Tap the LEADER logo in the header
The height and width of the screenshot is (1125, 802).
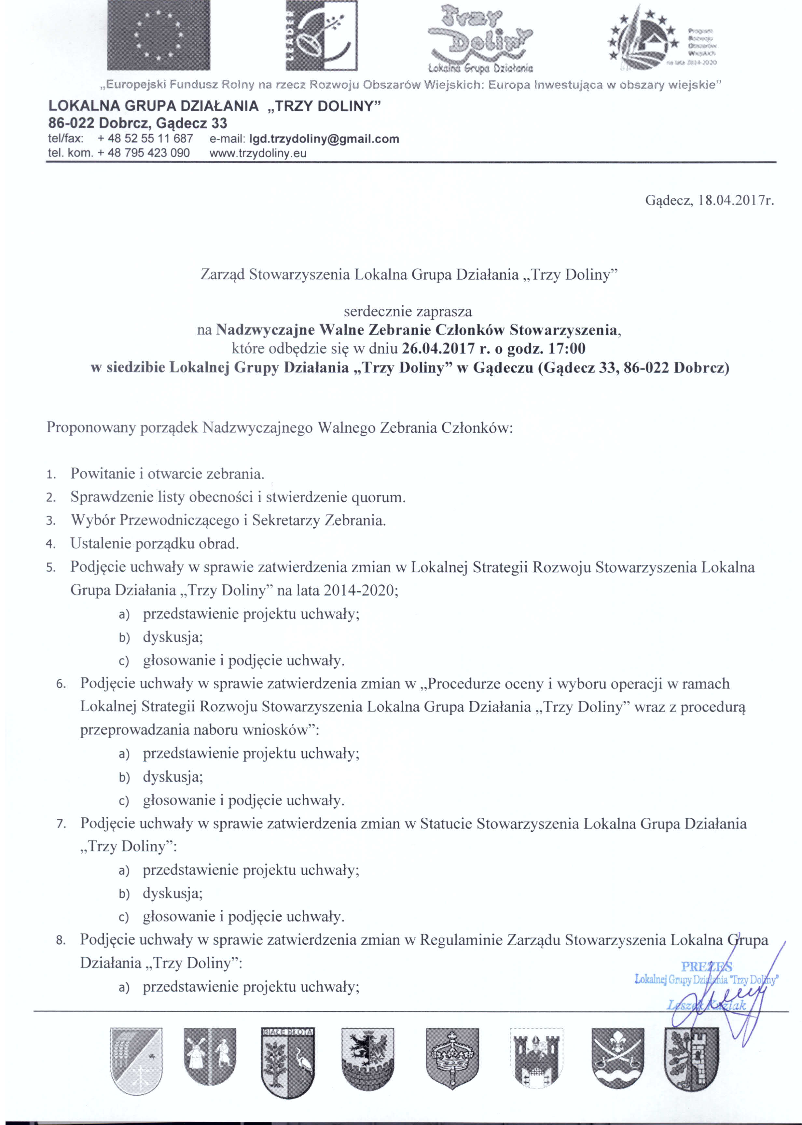click(x=322, y=35)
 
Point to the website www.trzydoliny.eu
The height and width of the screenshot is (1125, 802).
click(x=258, y=153)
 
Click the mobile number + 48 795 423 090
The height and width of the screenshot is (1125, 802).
click(x=144, y=153)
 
